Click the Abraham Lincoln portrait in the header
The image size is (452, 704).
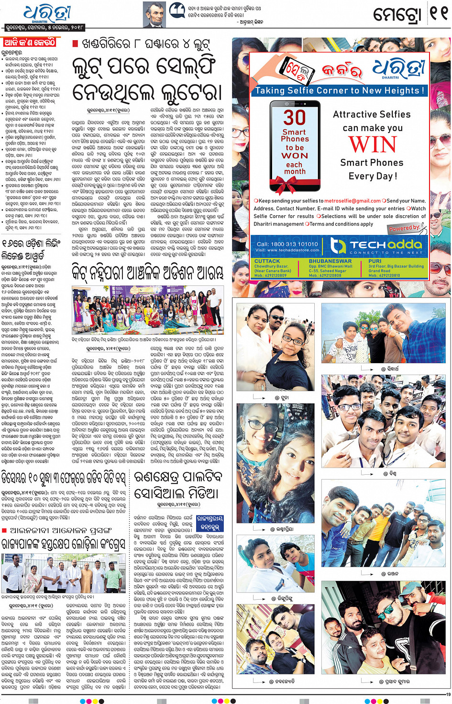click(x=154, y=15)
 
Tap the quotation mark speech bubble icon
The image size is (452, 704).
click(x=177, y=10)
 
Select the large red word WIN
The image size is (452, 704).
click(x=372, y=145)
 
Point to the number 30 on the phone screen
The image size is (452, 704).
click(x=295, y=117)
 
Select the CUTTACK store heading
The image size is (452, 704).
click(x=267, y=261)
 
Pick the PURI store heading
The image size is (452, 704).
click(x=375, y=261)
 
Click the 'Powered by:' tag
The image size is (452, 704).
click(x=404, y=228)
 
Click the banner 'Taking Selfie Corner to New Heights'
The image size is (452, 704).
click(x=340, y=90)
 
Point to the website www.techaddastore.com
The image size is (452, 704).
click(x=293, y=250)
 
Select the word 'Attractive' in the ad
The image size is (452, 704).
click(x=353, y=114)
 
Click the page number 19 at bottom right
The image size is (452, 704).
click(x=448, y=694)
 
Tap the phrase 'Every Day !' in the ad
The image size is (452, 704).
click(x=373, y=176)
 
